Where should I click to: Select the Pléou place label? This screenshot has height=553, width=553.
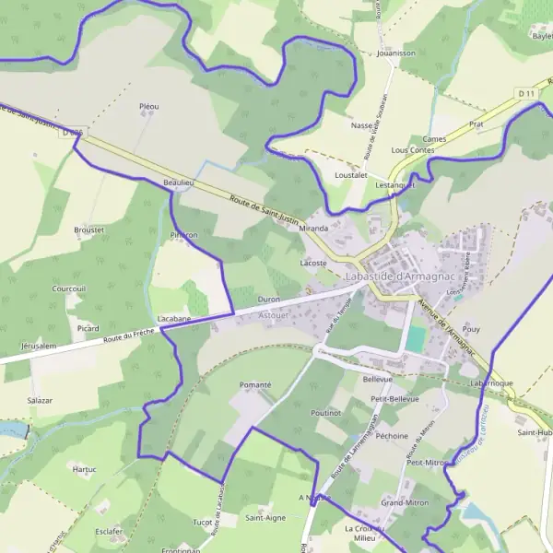[148, 107]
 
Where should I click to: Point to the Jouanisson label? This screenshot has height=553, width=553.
[396, 53]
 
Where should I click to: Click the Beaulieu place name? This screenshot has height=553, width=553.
[178, 183]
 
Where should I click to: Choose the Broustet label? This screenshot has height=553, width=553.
[89, 229]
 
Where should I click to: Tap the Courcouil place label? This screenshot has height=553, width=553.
[69, 288]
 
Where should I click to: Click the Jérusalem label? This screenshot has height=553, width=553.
[39, 346]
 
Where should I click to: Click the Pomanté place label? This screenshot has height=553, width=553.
[255, 384]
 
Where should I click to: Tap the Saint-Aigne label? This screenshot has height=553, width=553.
[265, 518]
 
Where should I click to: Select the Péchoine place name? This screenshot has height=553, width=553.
[393, 436]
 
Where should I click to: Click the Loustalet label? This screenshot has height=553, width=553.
[351, 174]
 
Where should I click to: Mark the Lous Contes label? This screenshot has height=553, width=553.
[412, 149]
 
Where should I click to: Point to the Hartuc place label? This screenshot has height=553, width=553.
[84, 469]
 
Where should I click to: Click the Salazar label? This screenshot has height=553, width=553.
[40, 401]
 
